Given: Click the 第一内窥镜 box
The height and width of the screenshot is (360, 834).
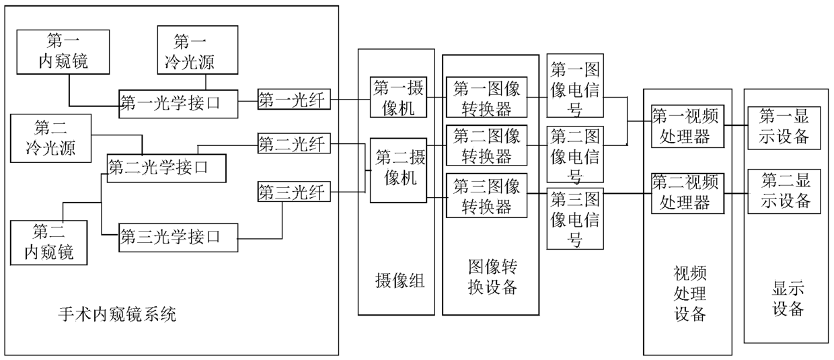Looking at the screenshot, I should pyautogui.click(x=63, y=51).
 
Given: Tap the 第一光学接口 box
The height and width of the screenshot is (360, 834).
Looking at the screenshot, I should pyautogui.click(x=178, y=104).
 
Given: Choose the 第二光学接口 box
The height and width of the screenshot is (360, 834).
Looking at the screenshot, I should pyautogui.click(x=166, y=168).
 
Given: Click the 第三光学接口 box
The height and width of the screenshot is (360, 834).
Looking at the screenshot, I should pyautogui.click(x=178, y=238).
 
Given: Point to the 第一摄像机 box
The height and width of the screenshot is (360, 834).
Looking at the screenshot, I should pyautogui.click(x=399, y=98).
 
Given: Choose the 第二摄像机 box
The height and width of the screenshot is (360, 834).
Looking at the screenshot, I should pyautogui.click(x=399, y=170).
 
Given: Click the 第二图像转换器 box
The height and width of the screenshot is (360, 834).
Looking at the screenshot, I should pyautogui.click(x=486, y=145).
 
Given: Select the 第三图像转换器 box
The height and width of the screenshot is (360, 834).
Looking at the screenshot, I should pyautogui.click(x=486, y=195).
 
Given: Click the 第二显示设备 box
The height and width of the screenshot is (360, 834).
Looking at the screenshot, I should pyautogui.click(x=785, y=191).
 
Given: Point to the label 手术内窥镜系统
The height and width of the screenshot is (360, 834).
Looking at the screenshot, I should pyautogui.click(x=118, y=314).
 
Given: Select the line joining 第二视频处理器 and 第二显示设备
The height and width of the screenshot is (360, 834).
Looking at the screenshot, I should pyautogui.click(x=735, y=194).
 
